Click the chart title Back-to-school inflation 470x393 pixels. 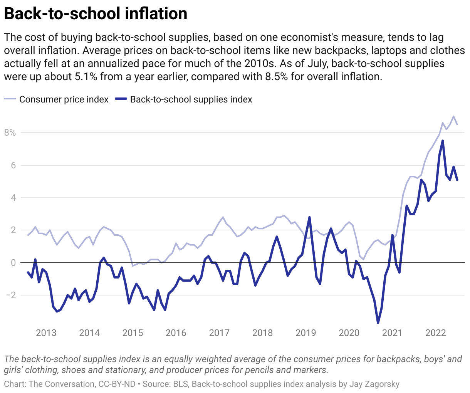pos(96,14)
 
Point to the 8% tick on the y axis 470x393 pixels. pos(10,133)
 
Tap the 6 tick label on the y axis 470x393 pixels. pos(13,165)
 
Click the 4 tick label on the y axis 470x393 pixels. pos(13,198)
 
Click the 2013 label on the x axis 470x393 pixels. pos(46,333)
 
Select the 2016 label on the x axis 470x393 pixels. pos(176,333)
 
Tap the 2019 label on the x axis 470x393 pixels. pos(306,333)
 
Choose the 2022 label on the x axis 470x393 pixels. pos(435,333)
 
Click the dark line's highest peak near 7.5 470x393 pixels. pos(443,141)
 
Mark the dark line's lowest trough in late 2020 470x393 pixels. pos(378,323)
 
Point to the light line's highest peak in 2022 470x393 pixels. pos(453,116)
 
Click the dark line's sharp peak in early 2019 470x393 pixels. pos(309,217)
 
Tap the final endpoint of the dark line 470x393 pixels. pos(457,180)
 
